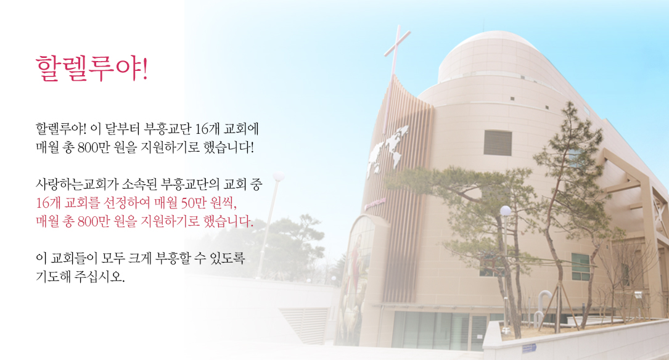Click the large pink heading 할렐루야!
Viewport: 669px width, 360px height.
pyautogui.click(x=92, y=68)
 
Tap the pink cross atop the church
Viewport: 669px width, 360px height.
pyautogui.click(x=395, y=51)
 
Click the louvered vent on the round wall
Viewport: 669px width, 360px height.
pyautogui.click(x=498, y=143)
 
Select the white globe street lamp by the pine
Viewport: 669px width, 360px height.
pyautogui.click(x=506, y=210)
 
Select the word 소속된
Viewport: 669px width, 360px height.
pyautogui.click(x=140, y=184)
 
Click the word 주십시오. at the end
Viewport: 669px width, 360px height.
pyautogui.click(x=100, y=277)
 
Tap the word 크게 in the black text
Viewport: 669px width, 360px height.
pyautogui.click(x=140, y=258)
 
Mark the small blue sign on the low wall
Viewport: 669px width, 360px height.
pyautogui.click(x=528, y=348)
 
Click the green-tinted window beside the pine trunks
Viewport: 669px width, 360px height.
pyautogui.click(x=581, y=266)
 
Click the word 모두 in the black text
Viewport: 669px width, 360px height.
pyautogui.click(x=113, y=258)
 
